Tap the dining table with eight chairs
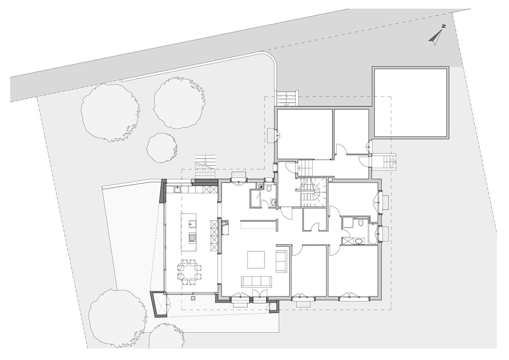[190, 272]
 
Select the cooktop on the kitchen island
[192, 239]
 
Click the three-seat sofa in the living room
[256, 281]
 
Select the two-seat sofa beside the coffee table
[280, 261]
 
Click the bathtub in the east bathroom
[373, 234]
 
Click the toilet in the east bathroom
[361, 223]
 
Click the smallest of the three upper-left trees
[162, 147]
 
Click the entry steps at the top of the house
[286, 98]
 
